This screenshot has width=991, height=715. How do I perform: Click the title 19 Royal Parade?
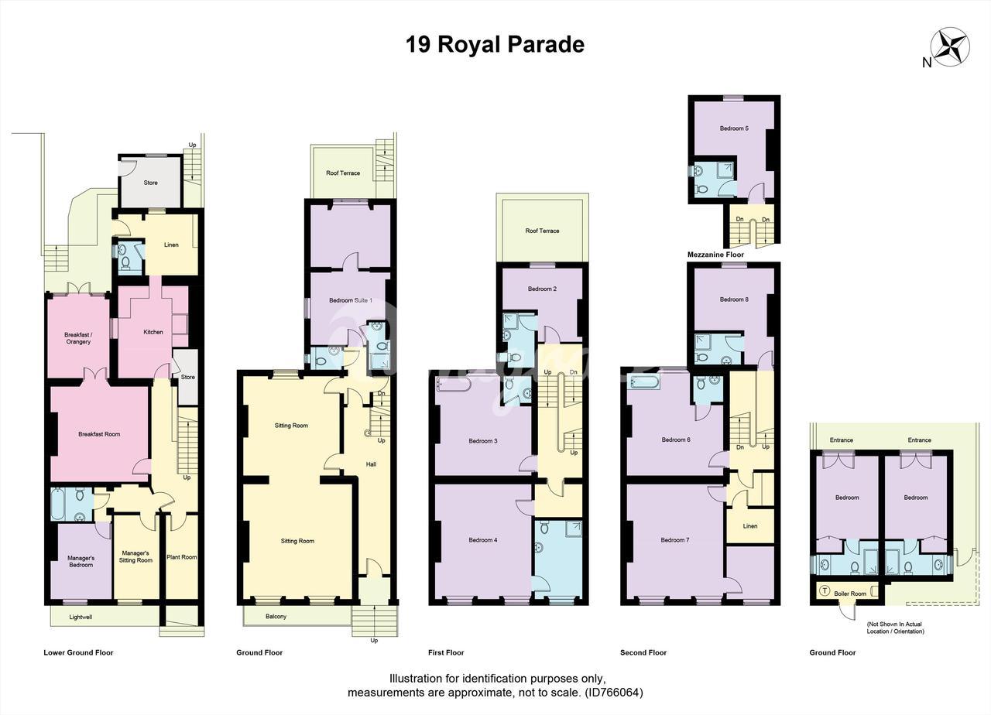coord(495,45)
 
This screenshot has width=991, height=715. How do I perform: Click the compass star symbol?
coord(950,47)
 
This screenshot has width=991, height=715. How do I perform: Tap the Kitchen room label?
coord(153,332)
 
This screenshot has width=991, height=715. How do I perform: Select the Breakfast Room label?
coord(99,434)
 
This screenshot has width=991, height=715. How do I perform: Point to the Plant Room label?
coord(182,557)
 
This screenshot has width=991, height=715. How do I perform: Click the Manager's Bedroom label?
coord(81,562)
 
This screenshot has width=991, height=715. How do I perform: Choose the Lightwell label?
coord(81,617)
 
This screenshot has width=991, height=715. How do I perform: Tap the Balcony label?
coord(276,617)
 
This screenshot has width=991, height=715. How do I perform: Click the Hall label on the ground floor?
coord(371,464)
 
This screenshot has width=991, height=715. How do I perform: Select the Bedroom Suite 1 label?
coord(351,301)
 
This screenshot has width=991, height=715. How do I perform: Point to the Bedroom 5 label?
coord(735,128)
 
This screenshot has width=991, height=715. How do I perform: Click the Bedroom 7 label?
coord(675,540)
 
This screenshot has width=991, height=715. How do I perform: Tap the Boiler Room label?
coord(850,594)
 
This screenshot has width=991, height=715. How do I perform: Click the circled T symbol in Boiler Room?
coord(825,590)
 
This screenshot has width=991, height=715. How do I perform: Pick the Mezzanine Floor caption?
coord(715,255)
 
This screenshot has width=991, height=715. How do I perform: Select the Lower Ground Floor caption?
coord(78,652)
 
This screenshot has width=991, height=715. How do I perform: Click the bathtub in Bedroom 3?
coord(454,384)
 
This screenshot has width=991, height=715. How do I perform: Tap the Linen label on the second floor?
coord(750,526)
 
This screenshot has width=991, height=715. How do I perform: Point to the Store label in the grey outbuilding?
coord(150,183)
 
